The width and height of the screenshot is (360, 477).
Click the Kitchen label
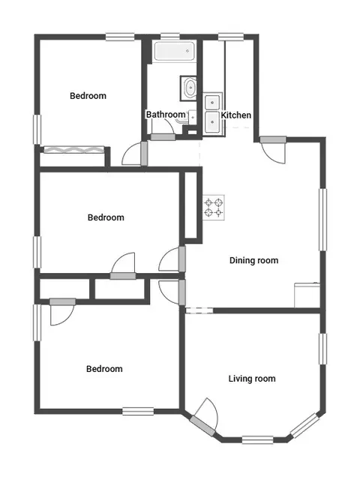[x=235, y=115]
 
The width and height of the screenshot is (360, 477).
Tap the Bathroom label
[x=166, y=115]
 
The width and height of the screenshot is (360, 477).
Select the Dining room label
[x=253, y=260]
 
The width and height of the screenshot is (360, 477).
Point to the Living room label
[x=252, y=379]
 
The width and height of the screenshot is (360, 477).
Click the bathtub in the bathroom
[x=174, y=51]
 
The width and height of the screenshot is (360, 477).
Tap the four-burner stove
[x=214, y=207]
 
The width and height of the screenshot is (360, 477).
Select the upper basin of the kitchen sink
[x=212, y=102]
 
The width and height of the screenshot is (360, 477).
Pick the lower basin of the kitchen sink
[x=212, y=121]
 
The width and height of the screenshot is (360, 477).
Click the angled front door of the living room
[x=202, y=425]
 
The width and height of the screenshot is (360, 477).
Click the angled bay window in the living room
[x=305, y=426]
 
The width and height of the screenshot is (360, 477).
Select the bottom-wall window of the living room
[x=258, y=440]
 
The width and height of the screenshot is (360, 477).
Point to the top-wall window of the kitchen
[x=231, y=37]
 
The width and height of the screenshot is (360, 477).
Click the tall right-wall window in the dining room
[x=322, y=220]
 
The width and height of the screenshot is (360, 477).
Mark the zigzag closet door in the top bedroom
[x=74, y=150]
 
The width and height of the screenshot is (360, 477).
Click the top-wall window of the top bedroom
[x=120, y=37]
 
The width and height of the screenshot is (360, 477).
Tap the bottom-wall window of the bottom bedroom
[x=138, y=411]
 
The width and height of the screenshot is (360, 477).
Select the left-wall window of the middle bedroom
[x=37, y=252]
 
